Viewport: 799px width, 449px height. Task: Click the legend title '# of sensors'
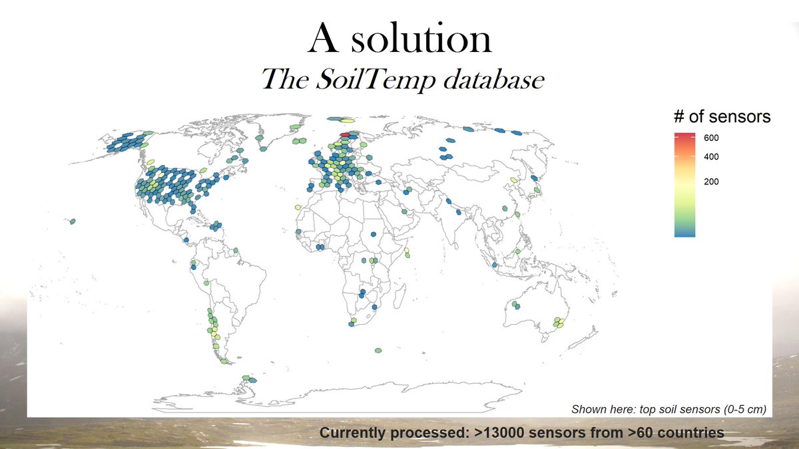click(722, 116)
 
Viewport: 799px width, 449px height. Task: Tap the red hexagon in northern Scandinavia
click(354, 134)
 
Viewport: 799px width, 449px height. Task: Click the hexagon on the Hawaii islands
click(72, 222)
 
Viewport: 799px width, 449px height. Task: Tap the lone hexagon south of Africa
click(378, 350)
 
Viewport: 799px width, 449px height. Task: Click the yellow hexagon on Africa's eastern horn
click(406, 251)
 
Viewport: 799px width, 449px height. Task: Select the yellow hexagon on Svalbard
click(346, 120)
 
